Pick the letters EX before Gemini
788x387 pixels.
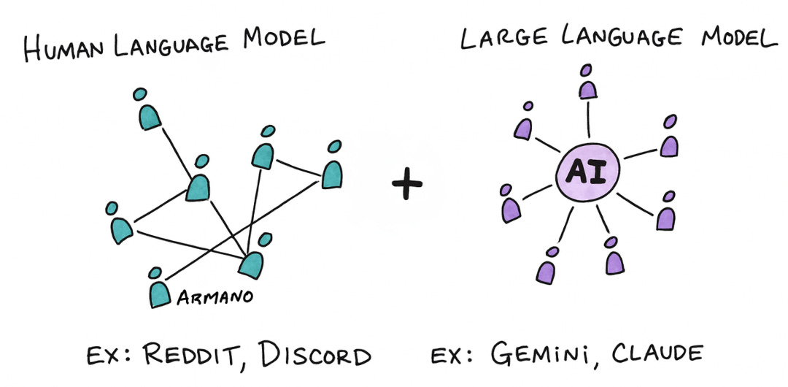449,357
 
